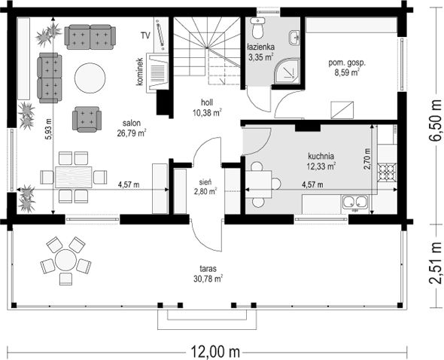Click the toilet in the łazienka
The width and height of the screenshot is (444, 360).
click(x=257, y=28)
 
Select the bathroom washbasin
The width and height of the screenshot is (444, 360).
click(x=294, y=38)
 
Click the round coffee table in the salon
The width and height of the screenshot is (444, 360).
click(x=90, y=78)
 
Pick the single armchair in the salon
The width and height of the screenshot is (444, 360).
click(x=87, y=119)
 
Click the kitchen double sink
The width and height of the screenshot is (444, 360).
click(x=355, y=202)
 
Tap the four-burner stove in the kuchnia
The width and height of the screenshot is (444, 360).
click(x=387, y=172)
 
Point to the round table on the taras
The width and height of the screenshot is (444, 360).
click(x=65, y=260)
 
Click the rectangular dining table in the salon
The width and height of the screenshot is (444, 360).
click(x=74, y=177)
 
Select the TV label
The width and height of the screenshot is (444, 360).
click(x=145, y=35)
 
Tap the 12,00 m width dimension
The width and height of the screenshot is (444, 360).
click(x=215, y=352)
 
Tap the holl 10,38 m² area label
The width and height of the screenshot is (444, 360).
click(x=207, y=108)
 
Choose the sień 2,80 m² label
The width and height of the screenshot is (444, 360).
click(x=205, y=187)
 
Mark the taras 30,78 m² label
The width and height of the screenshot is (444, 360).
click(x=208, y=274)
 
